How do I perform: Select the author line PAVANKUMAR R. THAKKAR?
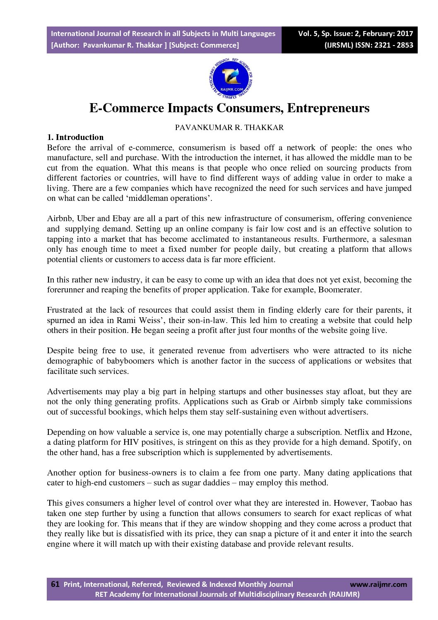[229, 128]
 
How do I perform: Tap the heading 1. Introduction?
[75, 137]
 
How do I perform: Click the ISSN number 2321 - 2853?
[393, 45]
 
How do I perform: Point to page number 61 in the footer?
[55, 584]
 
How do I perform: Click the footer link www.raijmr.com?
[378, 584]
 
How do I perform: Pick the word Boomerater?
[339, 289]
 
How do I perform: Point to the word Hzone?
[398, 432]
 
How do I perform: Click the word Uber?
[86, 218]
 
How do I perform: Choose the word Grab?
[270, 401]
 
